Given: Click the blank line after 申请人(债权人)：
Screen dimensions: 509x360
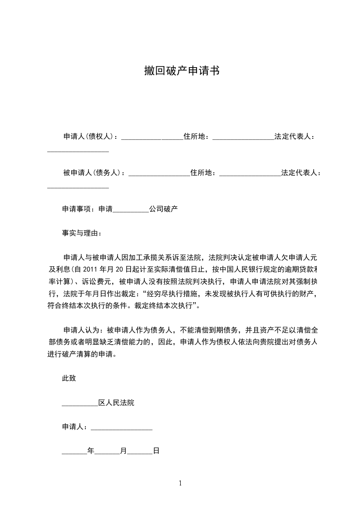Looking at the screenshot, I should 152,137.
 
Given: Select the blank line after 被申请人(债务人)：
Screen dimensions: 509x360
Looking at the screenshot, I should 159,173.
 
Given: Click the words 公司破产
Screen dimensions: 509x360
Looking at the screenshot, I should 163,210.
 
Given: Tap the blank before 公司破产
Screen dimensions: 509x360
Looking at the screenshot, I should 130,210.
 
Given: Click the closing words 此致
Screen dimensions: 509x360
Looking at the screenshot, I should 69,378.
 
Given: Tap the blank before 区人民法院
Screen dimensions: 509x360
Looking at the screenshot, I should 80,403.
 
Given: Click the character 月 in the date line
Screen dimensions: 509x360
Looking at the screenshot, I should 123,451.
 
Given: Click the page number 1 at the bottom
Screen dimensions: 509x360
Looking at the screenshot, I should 181,483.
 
